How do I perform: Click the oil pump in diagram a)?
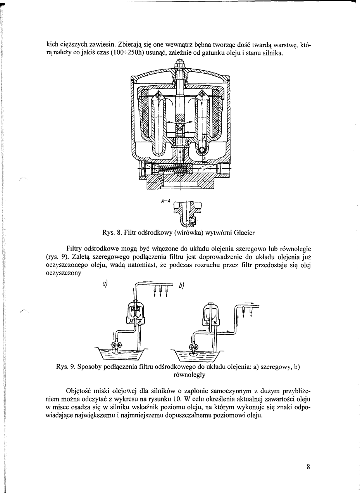pyautogui.click(x=117, y=345)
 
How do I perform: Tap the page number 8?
pyautogui.click(x=308, y=467)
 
